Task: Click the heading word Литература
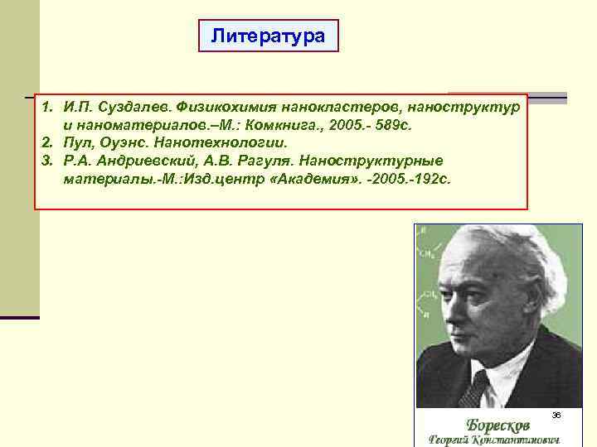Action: (x=268, y=36)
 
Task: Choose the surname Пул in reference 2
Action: (x=75, y=143)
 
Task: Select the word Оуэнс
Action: (x=119, y=143)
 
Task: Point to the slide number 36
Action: (x=557, y=413)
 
